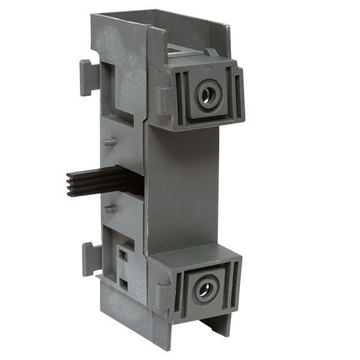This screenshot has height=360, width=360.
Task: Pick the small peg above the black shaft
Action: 109,142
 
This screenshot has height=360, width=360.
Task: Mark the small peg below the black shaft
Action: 109,210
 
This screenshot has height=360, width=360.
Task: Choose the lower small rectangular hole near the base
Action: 123,281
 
